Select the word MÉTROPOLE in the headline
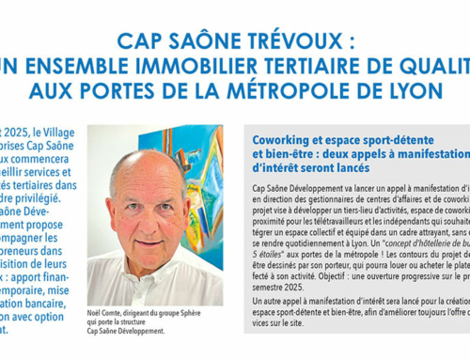(x=305, y=90)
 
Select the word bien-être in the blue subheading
(x=286, y=154)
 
